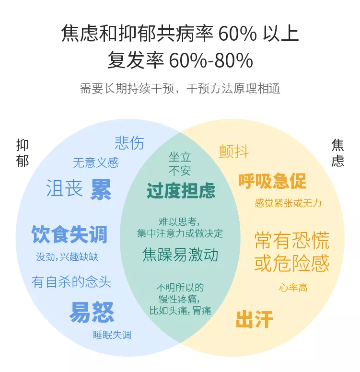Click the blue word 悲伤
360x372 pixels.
pos(129,143)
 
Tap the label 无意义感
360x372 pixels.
pos(95,163)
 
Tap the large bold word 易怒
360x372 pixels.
pos(92,312)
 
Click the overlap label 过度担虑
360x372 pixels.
pos(181,190)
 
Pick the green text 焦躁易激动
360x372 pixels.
pos(180,254)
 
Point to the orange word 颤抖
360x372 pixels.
pos(234,151)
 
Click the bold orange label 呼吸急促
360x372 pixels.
pos(272,181)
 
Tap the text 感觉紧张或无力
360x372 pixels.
pos(288,203)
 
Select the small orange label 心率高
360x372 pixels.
pos(293,288)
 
